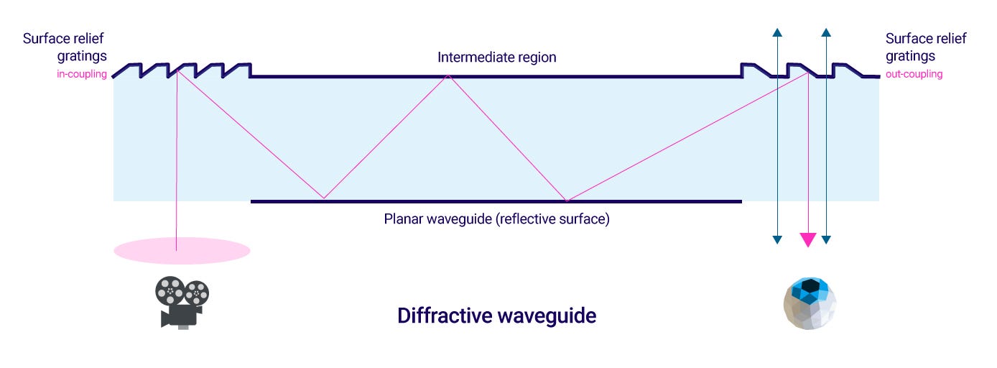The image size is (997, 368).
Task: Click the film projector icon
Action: (182, 303)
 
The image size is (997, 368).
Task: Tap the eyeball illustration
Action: (810, 304)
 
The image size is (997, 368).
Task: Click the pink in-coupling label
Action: (82, 74)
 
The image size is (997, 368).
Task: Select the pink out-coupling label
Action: (914, 74)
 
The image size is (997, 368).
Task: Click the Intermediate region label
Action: (497, 57)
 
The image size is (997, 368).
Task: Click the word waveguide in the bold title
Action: (547, 316)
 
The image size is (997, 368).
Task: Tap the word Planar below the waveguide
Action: (403, 218)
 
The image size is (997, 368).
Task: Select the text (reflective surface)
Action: (552, 218)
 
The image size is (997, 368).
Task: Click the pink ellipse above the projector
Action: (182, 251)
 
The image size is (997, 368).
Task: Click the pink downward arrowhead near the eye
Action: (808, 239)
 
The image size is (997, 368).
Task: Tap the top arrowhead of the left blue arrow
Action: (777, 32)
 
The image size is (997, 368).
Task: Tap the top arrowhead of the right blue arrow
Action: (826, 32)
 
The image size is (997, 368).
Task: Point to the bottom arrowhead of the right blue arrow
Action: (826, 239)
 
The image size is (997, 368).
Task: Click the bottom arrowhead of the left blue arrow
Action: (777, 239)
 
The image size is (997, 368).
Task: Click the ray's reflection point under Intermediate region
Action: (448, 75)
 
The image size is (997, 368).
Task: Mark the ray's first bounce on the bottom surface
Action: (324, 198)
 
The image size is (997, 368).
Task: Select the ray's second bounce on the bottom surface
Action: (567, 201)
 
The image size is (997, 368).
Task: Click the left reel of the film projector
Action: (170, 291)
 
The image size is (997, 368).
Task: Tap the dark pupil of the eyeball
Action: (811, 285)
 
